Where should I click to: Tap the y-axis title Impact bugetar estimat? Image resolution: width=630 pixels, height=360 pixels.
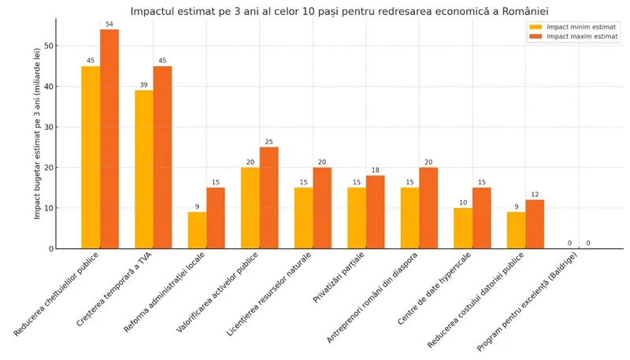[37, 133]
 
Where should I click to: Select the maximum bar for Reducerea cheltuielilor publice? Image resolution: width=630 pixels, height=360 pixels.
[109, 139]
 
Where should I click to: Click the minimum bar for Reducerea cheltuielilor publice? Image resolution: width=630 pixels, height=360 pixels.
[91, 157]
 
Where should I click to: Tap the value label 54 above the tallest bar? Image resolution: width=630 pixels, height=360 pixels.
[109, 24]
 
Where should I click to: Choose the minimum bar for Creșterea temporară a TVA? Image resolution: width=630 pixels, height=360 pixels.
[144, 169]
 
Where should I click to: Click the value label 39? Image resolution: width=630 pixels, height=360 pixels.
[144, 84]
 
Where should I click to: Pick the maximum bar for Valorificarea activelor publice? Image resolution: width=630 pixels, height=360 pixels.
[269, 198]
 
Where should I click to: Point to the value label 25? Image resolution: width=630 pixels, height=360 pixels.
[269, 142]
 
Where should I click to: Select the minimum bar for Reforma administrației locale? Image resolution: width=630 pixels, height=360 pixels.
[197, 230]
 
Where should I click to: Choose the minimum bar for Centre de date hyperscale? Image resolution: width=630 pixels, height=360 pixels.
[463, 228]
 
